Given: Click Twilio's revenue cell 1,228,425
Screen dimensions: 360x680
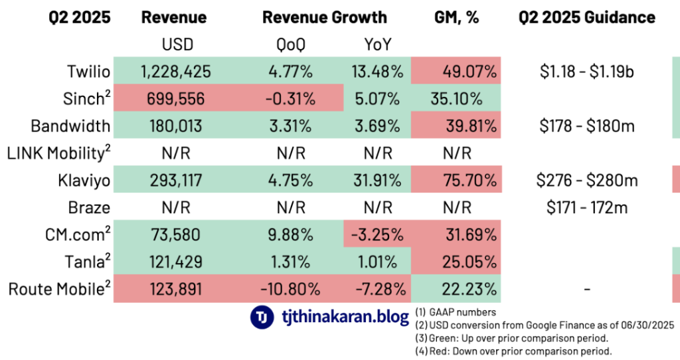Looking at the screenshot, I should [x=176, y=71].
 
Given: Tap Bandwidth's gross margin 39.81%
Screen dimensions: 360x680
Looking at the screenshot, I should [x=469, y=126].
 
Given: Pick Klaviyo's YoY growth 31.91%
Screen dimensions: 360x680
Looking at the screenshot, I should [x=377, y=181].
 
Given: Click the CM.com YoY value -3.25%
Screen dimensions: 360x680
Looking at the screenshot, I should [x=377, y=235].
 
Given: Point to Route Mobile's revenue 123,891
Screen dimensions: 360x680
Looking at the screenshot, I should [x=176, y=290].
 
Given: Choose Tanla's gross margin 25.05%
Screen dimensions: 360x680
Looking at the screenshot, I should [x=469, y=262].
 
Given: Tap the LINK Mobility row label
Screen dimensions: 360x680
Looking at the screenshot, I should [x=58, y=153].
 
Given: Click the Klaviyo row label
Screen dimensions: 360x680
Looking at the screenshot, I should [x=86, y=181].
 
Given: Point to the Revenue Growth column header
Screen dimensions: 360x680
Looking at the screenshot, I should [x=325, y=17].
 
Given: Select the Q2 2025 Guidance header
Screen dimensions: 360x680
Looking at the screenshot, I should [x=587, y=17].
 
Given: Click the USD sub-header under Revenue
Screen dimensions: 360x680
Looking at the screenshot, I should [x=176, y=45].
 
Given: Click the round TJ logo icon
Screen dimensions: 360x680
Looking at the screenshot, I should [x=262, y=317].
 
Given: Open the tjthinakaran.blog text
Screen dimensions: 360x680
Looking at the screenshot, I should [x=345, y=317].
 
